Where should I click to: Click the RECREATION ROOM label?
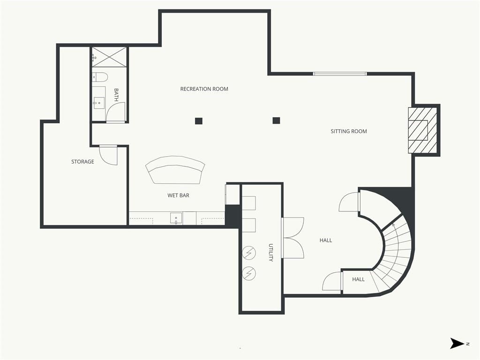[204, 89]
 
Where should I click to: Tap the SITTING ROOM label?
[349, 131]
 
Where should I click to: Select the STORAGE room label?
[82, 162]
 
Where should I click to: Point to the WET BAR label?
[178, 195]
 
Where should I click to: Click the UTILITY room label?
[270, 253]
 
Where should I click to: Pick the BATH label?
[116, 95]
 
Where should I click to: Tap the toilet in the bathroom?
[99, 77]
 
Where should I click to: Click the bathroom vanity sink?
[98, 103]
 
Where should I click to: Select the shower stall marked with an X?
[109, 57]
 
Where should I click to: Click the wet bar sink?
[176, 218]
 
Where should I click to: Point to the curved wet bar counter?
[175, 170]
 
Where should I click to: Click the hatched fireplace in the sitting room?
[422, 130]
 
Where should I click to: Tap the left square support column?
[199, 121]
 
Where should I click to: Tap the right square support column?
[276, 120]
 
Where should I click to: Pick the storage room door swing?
[108, 155]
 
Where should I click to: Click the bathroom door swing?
[115, 112]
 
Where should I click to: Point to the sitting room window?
[339, 74]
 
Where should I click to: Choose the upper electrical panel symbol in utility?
[248, 252]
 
